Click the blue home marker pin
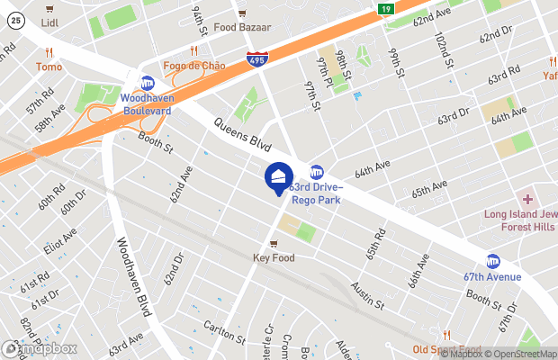(278, 177)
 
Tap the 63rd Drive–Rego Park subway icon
(317, 172)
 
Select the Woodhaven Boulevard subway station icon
(147, 83)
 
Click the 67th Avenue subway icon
(492, 261)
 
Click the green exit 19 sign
(384, 9)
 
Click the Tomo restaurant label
(49, 67)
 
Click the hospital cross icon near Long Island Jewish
(527, 199)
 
